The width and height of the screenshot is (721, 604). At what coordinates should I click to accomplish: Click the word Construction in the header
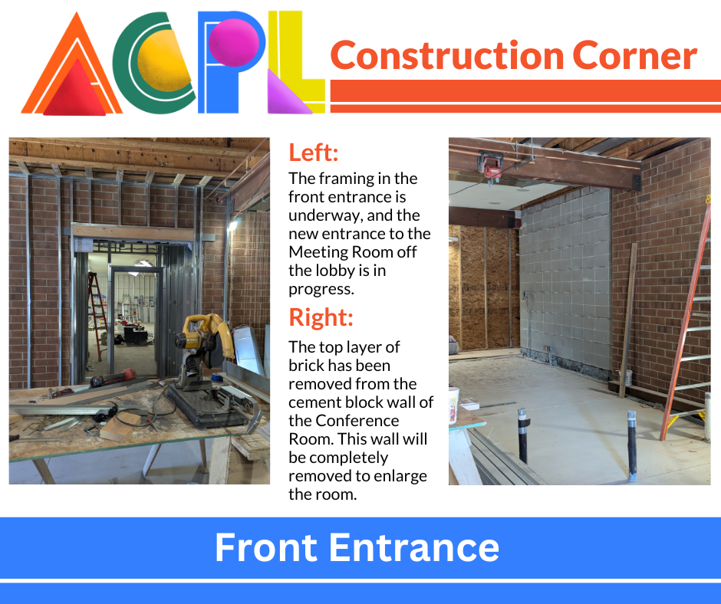447,56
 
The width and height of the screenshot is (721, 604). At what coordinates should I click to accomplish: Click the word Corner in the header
634,56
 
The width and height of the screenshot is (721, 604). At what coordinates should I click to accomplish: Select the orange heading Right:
321,317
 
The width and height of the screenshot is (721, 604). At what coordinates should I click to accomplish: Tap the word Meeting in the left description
318,252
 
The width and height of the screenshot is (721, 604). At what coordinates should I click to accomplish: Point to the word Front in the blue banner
266,547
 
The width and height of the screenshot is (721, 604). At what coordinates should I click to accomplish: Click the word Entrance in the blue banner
414,547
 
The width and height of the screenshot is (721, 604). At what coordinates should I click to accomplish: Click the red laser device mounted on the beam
490,166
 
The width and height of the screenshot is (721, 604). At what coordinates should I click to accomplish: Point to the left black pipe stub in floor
523,435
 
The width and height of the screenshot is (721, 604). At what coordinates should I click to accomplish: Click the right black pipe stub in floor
633,446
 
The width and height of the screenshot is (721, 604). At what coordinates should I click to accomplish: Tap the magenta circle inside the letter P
234,42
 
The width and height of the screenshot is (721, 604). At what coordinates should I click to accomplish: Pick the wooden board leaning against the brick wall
628,320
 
